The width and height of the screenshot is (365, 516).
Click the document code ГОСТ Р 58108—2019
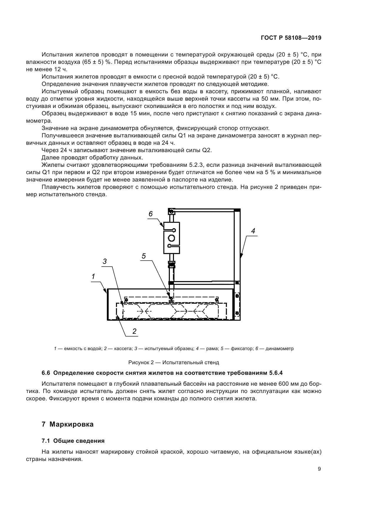pos(291,38)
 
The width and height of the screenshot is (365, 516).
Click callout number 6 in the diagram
pos(151,214)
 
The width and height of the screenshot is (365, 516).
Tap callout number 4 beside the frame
pos(253,231)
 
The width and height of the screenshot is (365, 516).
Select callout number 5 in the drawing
pos(144,256)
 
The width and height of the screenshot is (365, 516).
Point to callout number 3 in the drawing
pos(104,261)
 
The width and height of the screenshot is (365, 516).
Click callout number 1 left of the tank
pos(93,276)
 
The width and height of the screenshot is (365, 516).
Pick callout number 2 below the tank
pos(134,331)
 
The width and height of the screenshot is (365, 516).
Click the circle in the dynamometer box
pos(172,238)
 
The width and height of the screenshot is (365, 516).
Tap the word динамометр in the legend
pos(279,349)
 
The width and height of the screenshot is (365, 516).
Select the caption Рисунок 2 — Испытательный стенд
pos(174,362)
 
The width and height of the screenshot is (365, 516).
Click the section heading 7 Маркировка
pos(68,425)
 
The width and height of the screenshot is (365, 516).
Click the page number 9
pos(319,469)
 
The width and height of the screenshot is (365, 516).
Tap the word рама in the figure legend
pos(212,349)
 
